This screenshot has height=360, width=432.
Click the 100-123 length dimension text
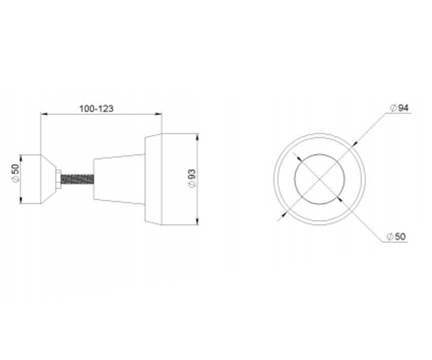96,109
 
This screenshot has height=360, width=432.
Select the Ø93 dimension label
192,179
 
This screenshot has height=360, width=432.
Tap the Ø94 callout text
399,108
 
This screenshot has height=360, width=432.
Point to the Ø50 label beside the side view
16,174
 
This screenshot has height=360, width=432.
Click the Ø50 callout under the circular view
396,237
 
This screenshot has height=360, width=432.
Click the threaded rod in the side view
77,179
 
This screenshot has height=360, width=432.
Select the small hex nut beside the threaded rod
58,179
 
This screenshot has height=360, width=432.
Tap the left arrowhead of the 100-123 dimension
44,114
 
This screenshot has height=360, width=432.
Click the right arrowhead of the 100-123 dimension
158,114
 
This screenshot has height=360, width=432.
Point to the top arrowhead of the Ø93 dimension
198,137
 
